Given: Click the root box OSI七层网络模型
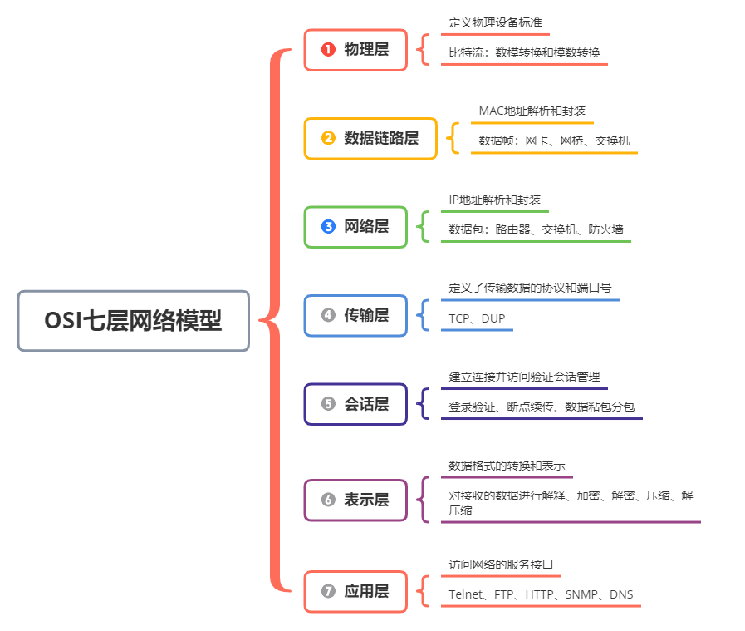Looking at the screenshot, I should (x=133, y=321).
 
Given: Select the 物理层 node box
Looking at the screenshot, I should (x=355, y=50).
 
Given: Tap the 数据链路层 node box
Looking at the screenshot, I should (x=370, y=138).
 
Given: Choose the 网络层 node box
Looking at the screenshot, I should (x=355, y=227).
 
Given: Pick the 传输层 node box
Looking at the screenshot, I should (x=355, y=315).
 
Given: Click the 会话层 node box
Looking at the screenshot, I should (x=355, y=404).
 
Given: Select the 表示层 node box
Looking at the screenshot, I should (x=355, y=500).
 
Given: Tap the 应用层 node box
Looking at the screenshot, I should (x=355, y=592).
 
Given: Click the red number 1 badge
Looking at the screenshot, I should (x=328, y=50).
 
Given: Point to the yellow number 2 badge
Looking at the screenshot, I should (x=328, y=138).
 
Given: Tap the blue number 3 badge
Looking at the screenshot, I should (x=328, y=227).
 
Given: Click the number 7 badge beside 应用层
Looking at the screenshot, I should (x=328, y=592).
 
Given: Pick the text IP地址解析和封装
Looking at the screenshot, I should (x=495, y=200).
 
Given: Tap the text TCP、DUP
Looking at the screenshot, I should (x=477, y=318).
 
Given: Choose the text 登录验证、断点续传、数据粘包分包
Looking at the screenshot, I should (x=542, y=407).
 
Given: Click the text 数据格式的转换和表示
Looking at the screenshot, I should (x=507, y=465).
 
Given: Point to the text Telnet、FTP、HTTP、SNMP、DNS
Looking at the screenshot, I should (x=541, y=594).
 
